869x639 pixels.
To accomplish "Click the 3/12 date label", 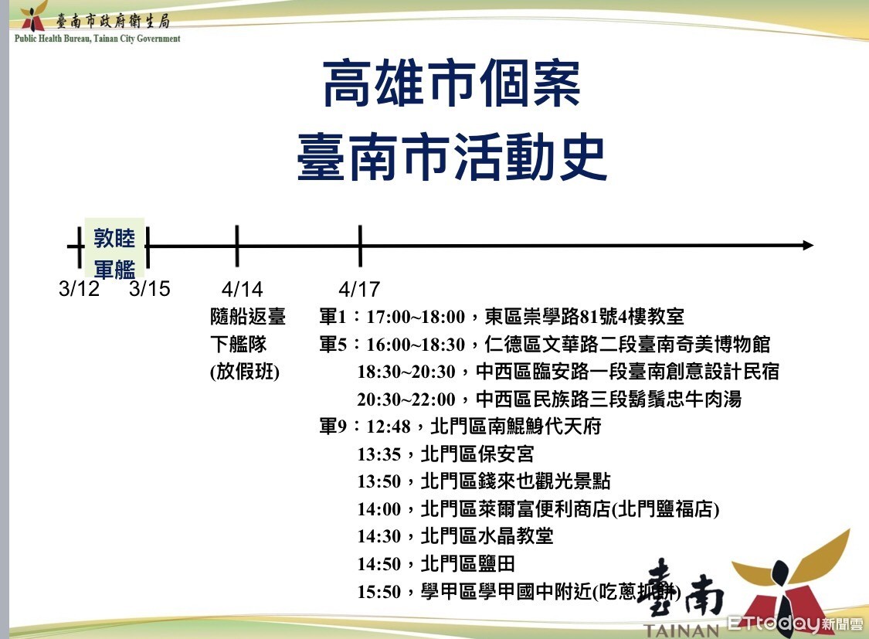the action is click(x=80, y=289).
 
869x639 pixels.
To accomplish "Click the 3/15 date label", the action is click(x=150, y=289).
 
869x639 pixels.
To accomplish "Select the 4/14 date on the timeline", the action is click(x=243, y=289).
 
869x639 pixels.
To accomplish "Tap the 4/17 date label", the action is click(x=359, y=289).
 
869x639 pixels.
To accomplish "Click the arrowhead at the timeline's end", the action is click(x=808, y=245).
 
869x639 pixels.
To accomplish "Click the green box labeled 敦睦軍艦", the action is click(x=115, y=248).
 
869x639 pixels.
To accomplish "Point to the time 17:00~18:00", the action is click(x=416, y=317).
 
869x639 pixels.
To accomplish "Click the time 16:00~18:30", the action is click(x=416, y=345).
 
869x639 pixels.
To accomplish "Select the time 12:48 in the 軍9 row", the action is click(x=389, y=427).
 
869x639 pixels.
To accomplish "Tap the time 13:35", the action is click(x=379, y=454).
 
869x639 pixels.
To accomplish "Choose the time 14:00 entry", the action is click(x=379, y=509).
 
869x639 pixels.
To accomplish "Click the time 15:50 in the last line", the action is click(x=379, y=592).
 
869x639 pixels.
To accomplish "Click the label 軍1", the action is click(x=333, y=317).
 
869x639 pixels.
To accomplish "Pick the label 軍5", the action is click(x=333, y=345).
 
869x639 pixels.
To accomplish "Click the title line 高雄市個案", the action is click(x=452, y=83).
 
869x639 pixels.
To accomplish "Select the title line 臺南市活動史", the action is click(x=452, y=157).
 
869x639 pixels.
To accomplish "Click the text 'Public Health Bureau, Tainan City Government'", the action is click(x=97, y=39).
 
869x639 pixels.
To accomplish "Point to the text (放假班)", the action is click(x=244, y=372).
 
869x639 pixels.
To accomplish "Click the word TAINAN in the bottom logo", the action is click(x=681, y=631).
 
